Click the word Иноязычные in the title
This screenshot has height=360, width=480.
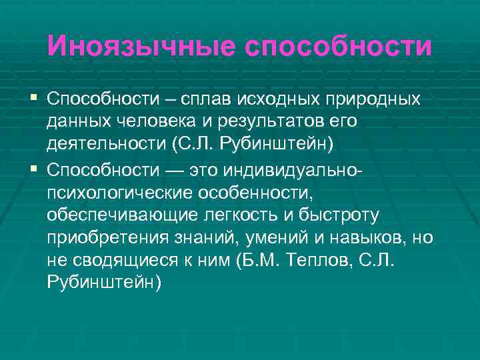(x=140, y=47)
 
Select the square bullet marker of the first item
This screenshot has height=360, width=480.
(x=34, y=99)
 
